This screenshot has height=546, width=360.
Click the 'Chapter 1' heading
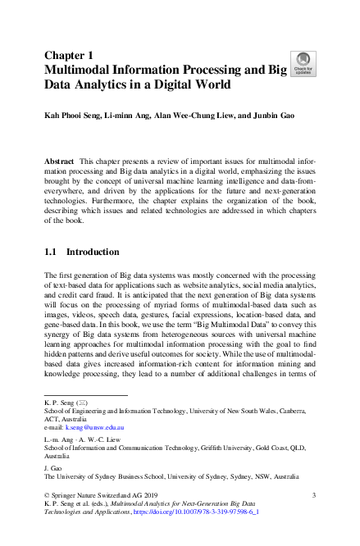tap(69, 55)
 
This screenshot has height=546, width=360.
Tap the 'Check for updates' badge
tap(303, 62)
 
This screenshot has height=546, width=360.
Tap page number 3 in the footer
tap(314, 496)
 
